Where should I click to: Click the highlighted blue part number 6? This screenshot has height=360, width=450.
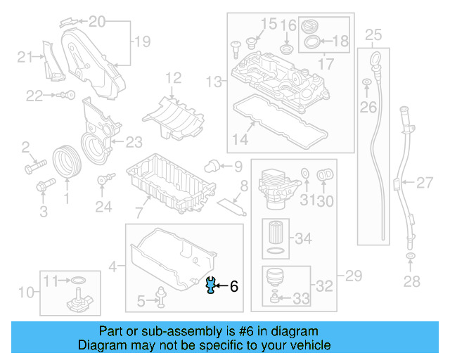[x=209, y=285]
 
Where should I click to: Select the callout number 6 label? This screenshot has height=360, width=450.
[x=234, y=286]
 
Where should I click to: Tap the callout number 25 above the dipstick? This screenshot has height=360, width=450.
[x=373, y=34]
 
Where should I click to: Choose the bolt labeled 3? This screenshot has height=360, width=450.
[x=45, y=186]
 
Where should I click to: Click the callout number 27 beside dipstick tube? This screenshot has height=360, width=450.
[x=425, y=184]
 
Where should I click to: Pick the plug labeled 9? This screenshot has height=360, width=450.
[x=210, y=165]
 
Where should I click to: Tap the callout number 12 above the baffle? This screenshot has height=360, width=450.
[x=173, y=77]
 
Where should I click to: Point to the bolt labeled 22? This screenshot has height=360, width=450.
[x=63, y=95]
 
